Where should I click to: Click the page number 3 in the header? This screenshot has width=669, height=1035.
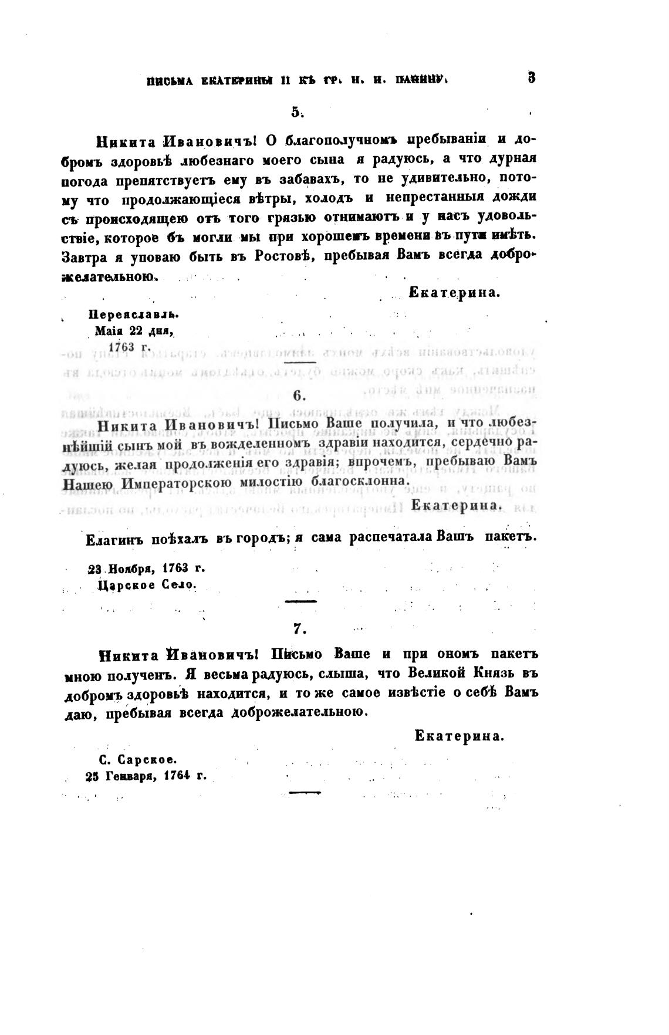point(531,77)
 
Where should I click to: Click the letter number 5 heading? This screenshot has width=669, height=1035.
point(296,111)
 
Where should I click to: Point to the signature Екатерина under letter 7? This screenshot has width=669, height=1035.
point(459,736)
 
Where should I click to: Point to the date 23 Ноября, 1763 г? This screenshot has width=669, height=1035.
point(146,569)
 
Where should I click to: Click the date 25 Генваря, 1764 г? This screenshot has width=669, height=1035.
point(146,775)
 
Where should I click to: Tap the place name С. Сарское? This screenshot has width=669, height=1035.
point(138,759)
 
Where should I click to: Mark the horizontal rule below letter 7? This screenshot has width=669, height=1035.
point(306,793)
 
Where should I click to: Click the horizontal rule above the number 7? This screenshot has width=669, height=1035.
point(300,601)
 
